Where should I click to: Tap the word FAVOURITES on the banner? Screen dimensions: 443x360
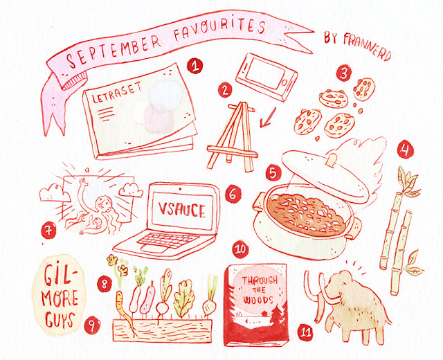pyautogui.click(x=219, y=28)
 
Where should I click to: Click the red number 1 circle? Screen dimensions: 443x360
pyautogui.click(x=195, y=66)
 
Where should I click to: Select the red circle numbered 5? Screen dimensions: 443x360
pyautogui.click(x=273, y=172)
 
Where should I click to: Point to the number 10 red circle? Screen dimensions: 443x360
pyautogui.click(x=240, y=250)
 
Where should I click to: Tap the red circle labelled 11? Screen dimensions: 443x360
pyautogui.click(x=305, y=332)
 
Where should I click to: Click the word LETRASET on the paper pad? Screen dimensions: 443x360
pyautogui.click(x=117, y=92)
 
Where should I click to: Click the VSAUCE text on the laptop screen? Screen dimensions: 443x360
pyautogui.click(x=181, y=210)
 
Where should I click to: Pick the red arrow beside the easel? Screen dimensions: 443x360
pyautogui.click(x=267, y=118)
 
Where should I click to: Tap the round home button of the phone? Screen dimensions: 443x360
pyautogui.click(x=284, y=83)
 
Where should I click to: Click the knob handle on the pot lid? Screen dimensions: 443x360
pyautogui.click(x=332, y=160)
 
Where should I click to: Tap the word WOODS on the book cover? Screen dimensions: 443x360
pyautogui.click(x=258, y=300)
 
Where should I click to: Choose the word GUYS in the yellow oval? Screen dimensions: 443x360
pyautogui.click(x=59, y=319)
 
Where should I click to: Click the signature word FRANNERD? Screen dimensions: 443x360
pyautogui.click(x=368, y=46)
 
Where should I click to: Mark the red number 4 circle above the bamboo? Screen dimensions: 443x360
pyautogui.click(x=406, y=150)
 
